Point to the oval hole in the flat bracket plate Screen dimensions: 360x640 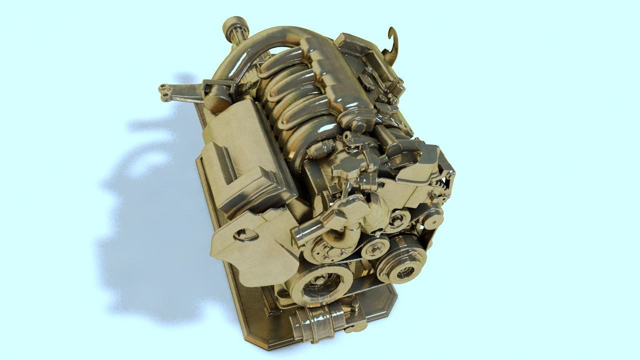coord(242,233)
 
